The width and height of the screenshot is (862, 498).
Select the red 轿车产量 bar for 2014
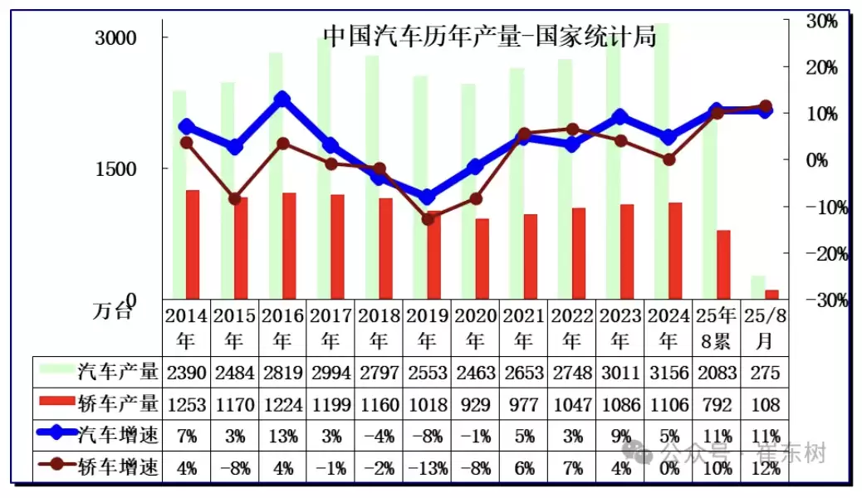click(193, 244)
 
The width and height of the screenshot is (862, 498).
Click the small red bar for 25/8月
click(771, 294)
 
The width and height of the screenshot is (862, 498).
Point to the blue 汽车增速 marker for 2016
click(282, 100)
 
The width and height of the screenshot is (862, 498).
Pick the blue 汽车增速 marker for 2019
click(427, 197)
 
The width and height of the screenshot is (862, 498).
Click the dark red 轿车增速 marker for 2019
click(428, 219)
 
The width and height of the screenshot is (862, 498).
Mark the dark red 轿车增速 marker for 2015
click(235, 198)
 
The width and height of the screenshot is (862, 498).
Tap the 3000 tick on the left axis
click(115, 39)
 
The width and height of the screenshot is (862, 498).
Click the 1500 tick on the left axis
click(115, 168)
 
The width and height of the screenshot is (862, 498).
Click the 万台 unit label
click(112, 311)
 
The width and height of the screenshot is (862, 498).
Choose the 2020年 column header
click(475, 328)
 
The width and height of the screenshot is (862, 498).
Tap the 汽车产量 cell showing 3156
click(669, 373)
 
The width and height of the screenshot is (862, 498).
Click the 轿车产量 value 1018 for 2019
click(427, 405)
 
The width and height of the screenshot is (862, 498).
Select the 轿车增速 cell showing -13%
click(427, 468)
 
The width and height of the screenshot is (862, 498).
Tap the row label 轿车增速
click(118, 467)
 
